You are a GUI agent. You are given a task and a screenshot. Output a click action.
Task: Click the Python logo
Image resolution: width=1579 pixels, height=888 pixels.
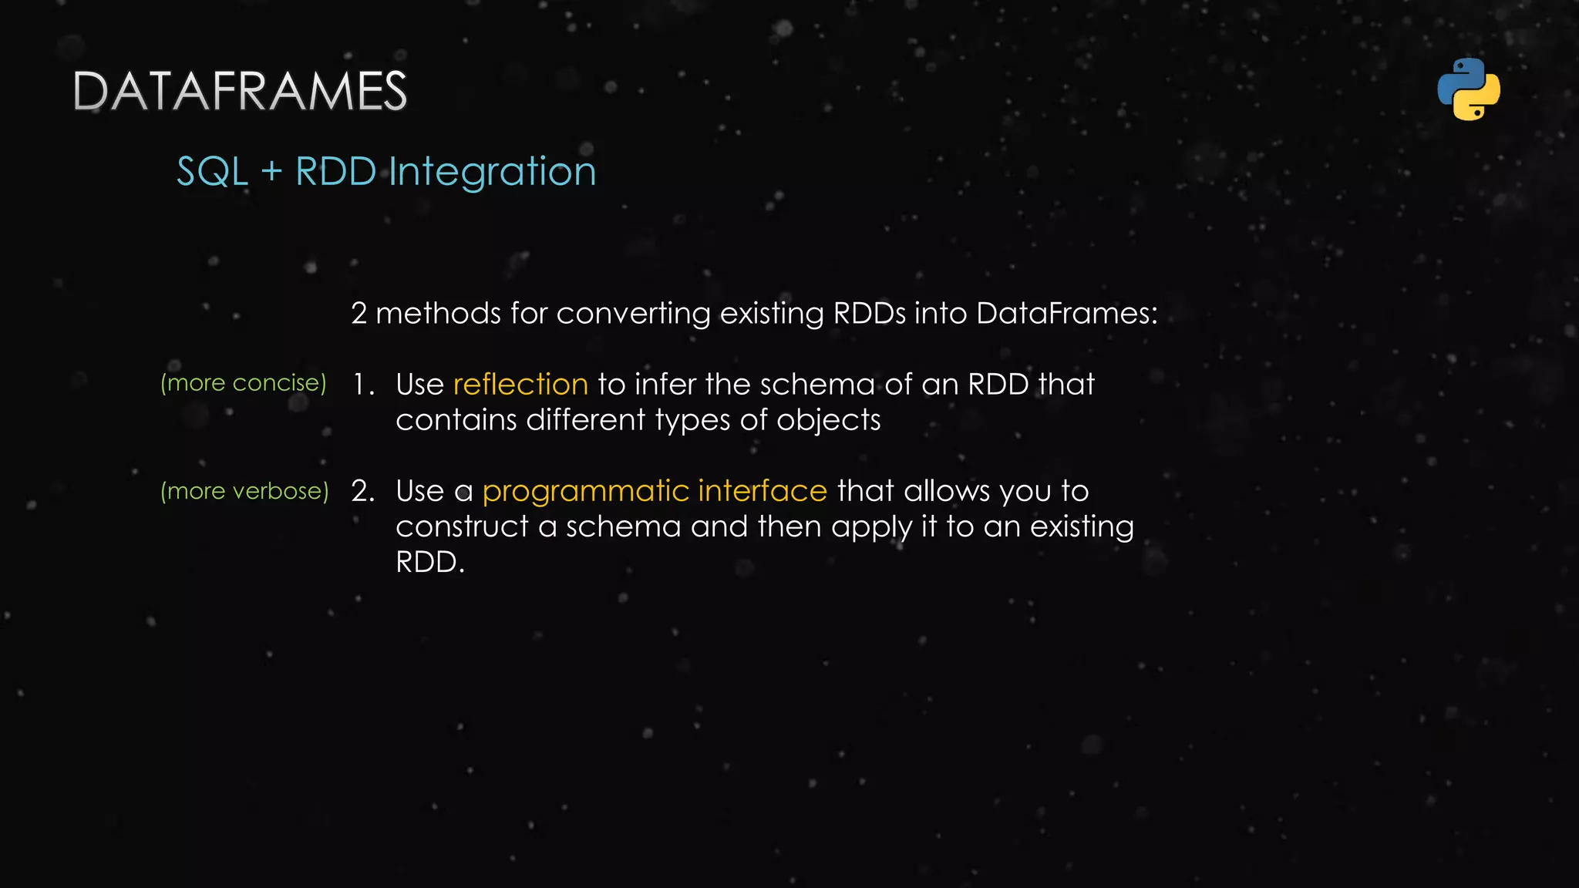pyautogui.click(x=1469, y=89)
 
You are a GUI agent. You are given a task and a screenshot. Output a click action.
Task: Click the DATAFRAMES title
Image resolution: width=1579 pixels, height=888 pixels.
pyautogui.click(x=240, y=92)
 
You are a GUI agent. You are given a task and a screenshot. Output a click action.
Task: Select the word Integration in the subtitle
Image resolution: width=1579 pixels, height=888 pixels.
pyautogui.click(x=493, y=171)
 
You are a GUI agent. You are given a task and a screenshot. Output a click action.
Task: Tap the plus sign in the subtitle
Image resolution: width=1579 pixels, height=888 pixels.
pyautogui.click(x=271, y=171)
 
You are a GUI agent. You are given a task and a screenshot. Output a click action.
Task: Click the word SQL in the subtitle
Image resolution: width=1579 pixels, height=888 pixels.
pyautogui.click(x=212, y=171)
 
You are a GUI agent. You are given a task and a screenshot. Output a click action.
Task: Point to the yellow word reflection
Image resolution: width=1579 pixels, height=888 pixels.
pyautogui.click(x=520, y=384)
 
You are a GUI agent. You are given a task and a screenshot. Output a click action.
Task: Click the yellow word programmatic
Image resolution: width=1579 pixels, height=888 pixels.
pyautogui.click(x=586, y=491)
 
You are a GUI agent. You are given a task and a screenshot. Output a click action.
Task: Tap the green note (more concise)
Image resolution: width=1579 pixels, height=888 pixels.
pyautogui.click(x=244, y=382)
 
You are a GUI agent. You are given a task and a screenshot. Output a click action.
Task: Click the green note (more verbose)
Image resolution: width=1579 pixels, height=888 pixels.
pyautogui.click(x=244, y=491)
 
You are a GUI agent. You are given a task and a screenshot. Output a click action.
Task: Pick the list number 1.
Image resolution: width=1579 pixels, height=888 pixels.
pyautogui.click(x=362, y=384)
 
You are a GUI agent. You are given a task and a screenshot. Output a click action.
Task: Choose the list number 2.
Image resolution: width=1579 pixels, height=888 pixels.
pyautogui.click(x=362, y=491)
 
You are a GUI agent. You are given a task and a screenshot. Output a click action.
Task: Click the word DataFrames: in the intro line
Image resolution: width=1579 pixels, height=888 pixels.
pyautogui.click(x=1067, y=313)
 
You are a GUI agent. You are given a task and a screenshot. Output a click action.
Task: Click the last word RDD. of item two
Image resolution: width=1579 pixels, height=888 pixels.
pyautogui.click(x=430, y=562)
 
